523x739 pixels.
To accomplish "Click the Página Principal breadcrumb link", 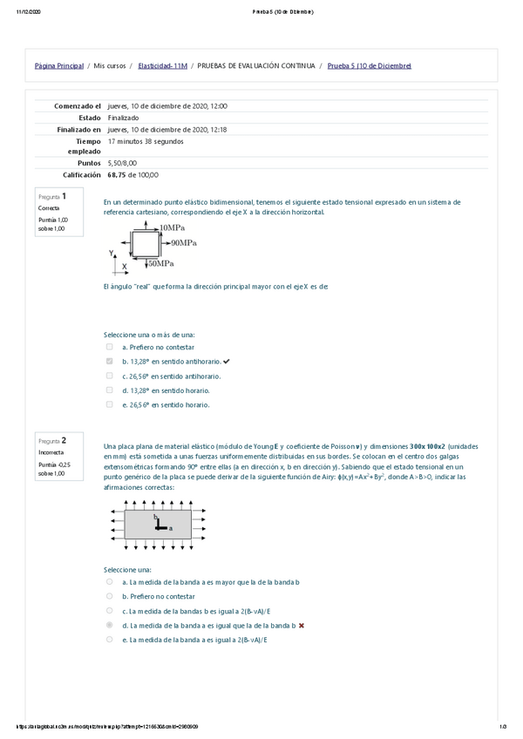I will pos(58,66).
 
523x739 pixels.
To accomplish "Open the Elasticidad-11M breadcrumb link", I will pos(162,66).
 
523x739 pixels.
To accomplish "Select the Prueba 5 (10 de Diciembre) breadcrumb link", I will pos(369,66).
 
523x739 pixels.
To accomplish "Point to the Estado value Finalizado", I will pos(123,118).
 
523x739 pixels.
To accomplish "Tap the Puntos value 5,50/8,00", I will pos(122,163).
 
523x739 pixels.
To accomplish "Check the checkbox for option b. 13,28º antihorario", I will pos(109,361).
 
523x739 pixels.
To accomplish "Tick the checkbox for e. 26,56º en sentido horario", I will pos(109,404).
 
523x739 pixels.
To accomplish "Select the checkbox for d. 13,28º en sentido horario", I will pos(109,390).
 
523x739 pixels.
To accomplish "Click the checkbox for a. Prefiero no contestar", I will pos(109,346).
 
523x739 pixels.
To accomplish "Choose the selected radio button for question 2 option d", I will pos(109,625).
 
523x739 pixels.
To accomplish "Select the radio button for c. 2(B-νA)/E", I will pos(109,610).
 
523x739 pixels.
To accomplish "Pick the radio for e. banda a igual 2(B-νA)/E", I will pos(109,639).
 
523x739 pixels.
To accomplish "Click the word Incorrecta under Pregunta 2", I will pos(51,452).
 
